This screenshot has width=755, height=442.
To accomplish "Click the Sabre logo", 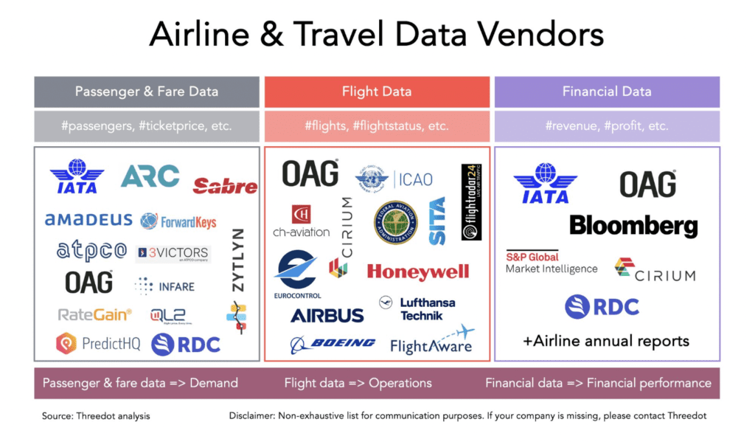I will click(225, 186).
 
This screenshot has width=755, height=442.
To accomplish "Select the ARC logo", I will click(150, 176).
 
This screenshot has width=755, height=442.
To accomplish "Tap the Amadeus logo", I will click(88, 220).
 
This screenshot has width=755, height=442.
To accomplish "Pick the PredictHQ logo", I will click(97, 343).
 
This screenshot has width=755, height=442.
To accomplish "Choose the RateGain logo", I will click(94, 314).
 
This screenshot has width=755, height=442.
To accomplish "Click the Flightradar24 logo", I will click(471, 201).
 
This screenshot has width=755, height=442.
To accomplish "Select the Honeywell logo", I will click(417, 272).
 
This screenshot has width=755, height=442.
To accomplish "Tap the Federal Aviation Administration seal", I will click(395, 223).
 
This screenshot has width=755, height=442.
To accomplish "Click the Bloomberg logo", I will click(633, 225).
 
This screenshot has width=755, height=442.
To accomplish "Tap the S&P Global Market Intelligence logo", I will click(551, 263).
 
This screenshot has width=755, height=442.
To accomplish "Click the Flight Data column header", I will click(377, 92).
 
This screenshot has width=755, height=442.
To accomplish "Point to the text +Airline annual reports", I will click(606, 341).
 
